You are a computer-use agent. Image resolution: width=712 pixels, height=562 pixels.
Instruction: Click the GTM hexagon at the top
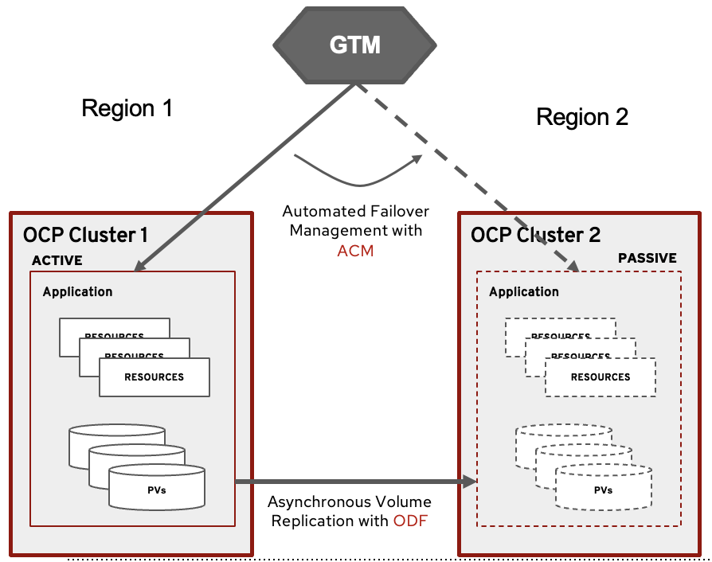[355, 45]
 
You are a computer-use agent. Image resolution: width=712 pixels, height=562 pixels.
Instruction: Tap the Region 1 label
[127, 107]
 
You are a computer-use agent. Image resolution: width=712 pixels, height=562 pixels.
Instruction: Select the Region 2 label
[582, 117]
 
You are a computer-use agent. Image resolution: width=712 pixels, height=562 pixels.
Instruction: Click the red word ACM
[355, 251]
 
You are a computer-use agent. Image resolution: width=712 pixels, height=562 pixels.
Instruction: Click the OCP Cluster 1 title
[85, 235]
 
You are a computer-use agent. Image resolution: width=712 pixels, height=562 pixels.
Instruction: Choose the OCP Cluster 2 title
[535, 235]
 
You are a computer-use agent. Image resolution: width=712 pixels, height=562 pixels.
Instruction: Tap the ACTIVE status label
[57, 260]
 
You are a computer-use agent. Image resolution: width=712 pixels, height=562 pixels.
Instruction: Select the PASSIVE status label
[647, 258]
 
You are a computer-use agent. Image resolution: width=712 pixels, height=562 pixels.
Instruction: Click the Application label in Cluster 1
[77, 291]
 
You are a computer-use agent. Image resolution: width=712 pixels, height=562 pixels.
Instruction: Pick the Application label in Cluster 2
[524, 292]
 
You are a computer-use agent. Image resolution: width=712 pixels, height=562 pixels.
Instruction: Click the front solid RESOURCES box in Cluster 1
[155, 377]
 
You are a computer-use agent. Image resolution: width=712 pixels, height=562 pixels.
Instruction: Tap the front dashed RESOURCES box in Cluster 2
[601, 377]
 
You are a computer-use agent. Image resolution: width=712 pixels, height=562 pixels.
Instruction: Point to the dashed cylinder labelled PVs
[603, 489]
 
